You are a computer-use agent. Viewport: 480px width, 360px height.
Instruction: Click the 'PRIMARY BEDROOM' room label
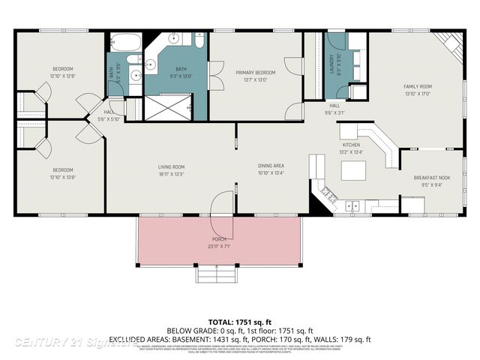(255, 73)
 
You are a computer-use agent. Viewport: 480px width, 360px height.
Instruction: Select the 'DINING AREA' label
(271, 166)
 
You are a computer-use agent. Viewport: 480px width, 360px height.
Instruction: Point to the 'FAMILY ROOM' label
(418, 86)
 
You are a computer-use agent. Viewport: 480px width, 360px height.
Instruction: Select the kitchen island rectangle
(353, 171)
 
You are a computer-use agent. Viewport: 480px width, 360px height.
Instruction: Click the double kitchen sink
(353, 205)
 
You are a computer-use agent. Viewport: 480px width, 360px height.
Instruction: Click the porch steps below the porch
(218, 274)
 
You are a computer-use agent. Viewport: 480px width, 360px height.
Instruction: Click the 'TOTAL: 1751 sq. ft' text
(239, 320)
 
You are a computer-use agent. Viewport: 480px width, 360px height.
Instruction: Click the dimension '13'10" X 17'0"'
(418, 93)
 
